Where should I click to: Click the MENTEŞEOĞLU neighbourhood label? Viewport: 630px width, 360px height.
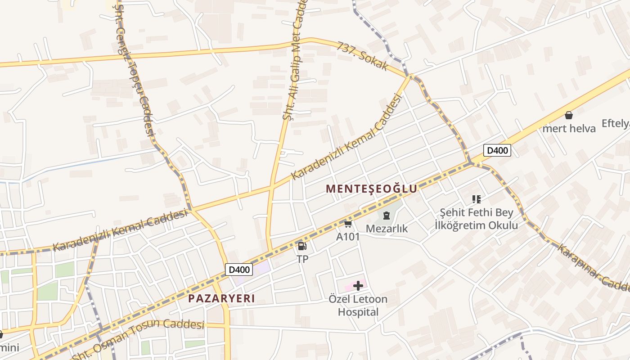click(372, 189)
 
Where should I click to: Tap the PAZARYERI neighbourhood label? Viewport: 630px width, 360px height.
click(221, 298)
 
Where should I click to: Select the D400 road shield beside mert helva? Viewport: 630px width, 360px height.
click(497, 150)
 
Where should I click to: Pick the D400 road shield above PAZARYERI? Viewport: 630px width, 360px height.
click(238, 270)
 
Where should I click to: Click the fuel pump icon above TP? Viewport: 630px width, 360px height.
click(302, 246)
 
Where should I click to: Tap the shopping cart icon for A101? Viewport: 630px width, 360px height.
click(348, 224)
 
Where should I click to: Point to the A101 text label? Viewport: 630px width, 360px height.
click(348, 236)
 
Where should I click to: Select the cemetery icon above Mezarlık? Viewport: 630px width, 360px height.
click(386, 216)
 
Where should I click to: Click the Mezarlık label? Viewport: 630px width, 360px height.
click(387, 229)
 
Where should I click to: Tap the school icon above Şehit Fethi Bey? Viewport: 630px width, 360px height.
click(477, 199)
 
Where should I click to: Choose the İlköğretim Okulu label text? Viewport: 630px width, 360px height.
click(476, 225)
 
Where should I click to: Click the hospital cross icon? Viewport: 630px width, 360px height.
click(358, 286)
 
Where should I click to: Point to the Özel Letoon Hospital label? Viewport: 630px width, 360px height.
click(358, 306)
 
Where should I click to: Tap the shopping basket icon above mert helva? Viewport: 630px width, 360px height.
click(569, 115)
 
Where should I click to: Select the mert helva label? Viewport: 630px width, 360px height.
click(569, 128)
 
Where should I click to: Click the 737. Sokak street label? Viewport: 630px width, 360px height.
click(362, 56)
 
